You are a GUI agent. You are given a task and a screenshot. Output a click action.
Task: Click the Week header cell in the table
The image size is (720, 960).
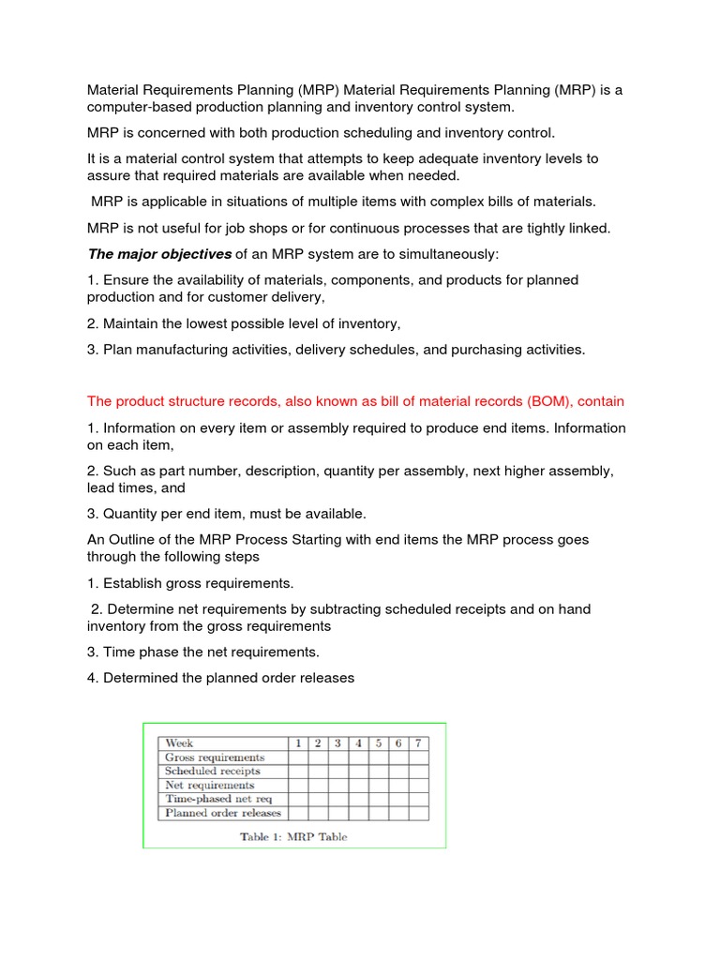179,743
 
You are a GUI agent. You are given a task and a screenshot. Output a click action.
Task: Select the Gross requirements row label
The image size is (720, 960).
215,757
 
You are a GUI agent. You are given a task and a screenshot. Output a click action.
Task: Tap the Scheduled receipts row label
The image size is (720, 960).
213,772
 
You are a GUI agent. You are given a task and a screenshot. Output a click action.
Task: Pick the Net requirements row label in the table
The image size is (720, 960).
209,786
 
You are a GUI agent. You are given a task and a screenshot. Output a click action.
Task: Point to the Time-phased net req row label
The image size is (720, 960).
217,800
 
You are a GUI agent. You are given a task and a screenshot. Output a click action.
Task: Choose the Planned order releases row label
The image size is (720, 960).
223,814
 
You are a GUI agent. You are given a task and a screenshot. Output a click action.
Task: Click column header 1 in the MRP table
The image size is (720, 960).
298,743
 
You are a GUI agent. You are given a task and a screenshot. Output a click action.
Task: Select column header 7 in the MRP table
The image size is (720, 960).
418,743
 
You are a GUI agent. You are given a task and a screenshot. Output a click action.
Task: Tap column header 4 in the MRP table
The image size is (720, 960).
358,743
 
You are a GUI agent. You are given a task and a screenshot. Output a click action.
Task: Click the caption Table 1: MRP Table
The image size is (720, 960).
293,837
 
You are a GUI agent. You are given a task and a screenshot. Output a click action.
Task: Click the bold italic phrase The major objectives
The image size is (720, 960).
159,254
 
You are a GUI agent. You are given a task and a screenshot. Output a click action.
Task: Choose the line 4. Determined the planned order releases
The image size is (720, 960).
220,677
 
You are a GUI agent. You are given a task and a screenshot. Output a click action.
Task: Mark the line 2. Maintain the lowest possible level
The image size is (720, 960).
244,323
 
